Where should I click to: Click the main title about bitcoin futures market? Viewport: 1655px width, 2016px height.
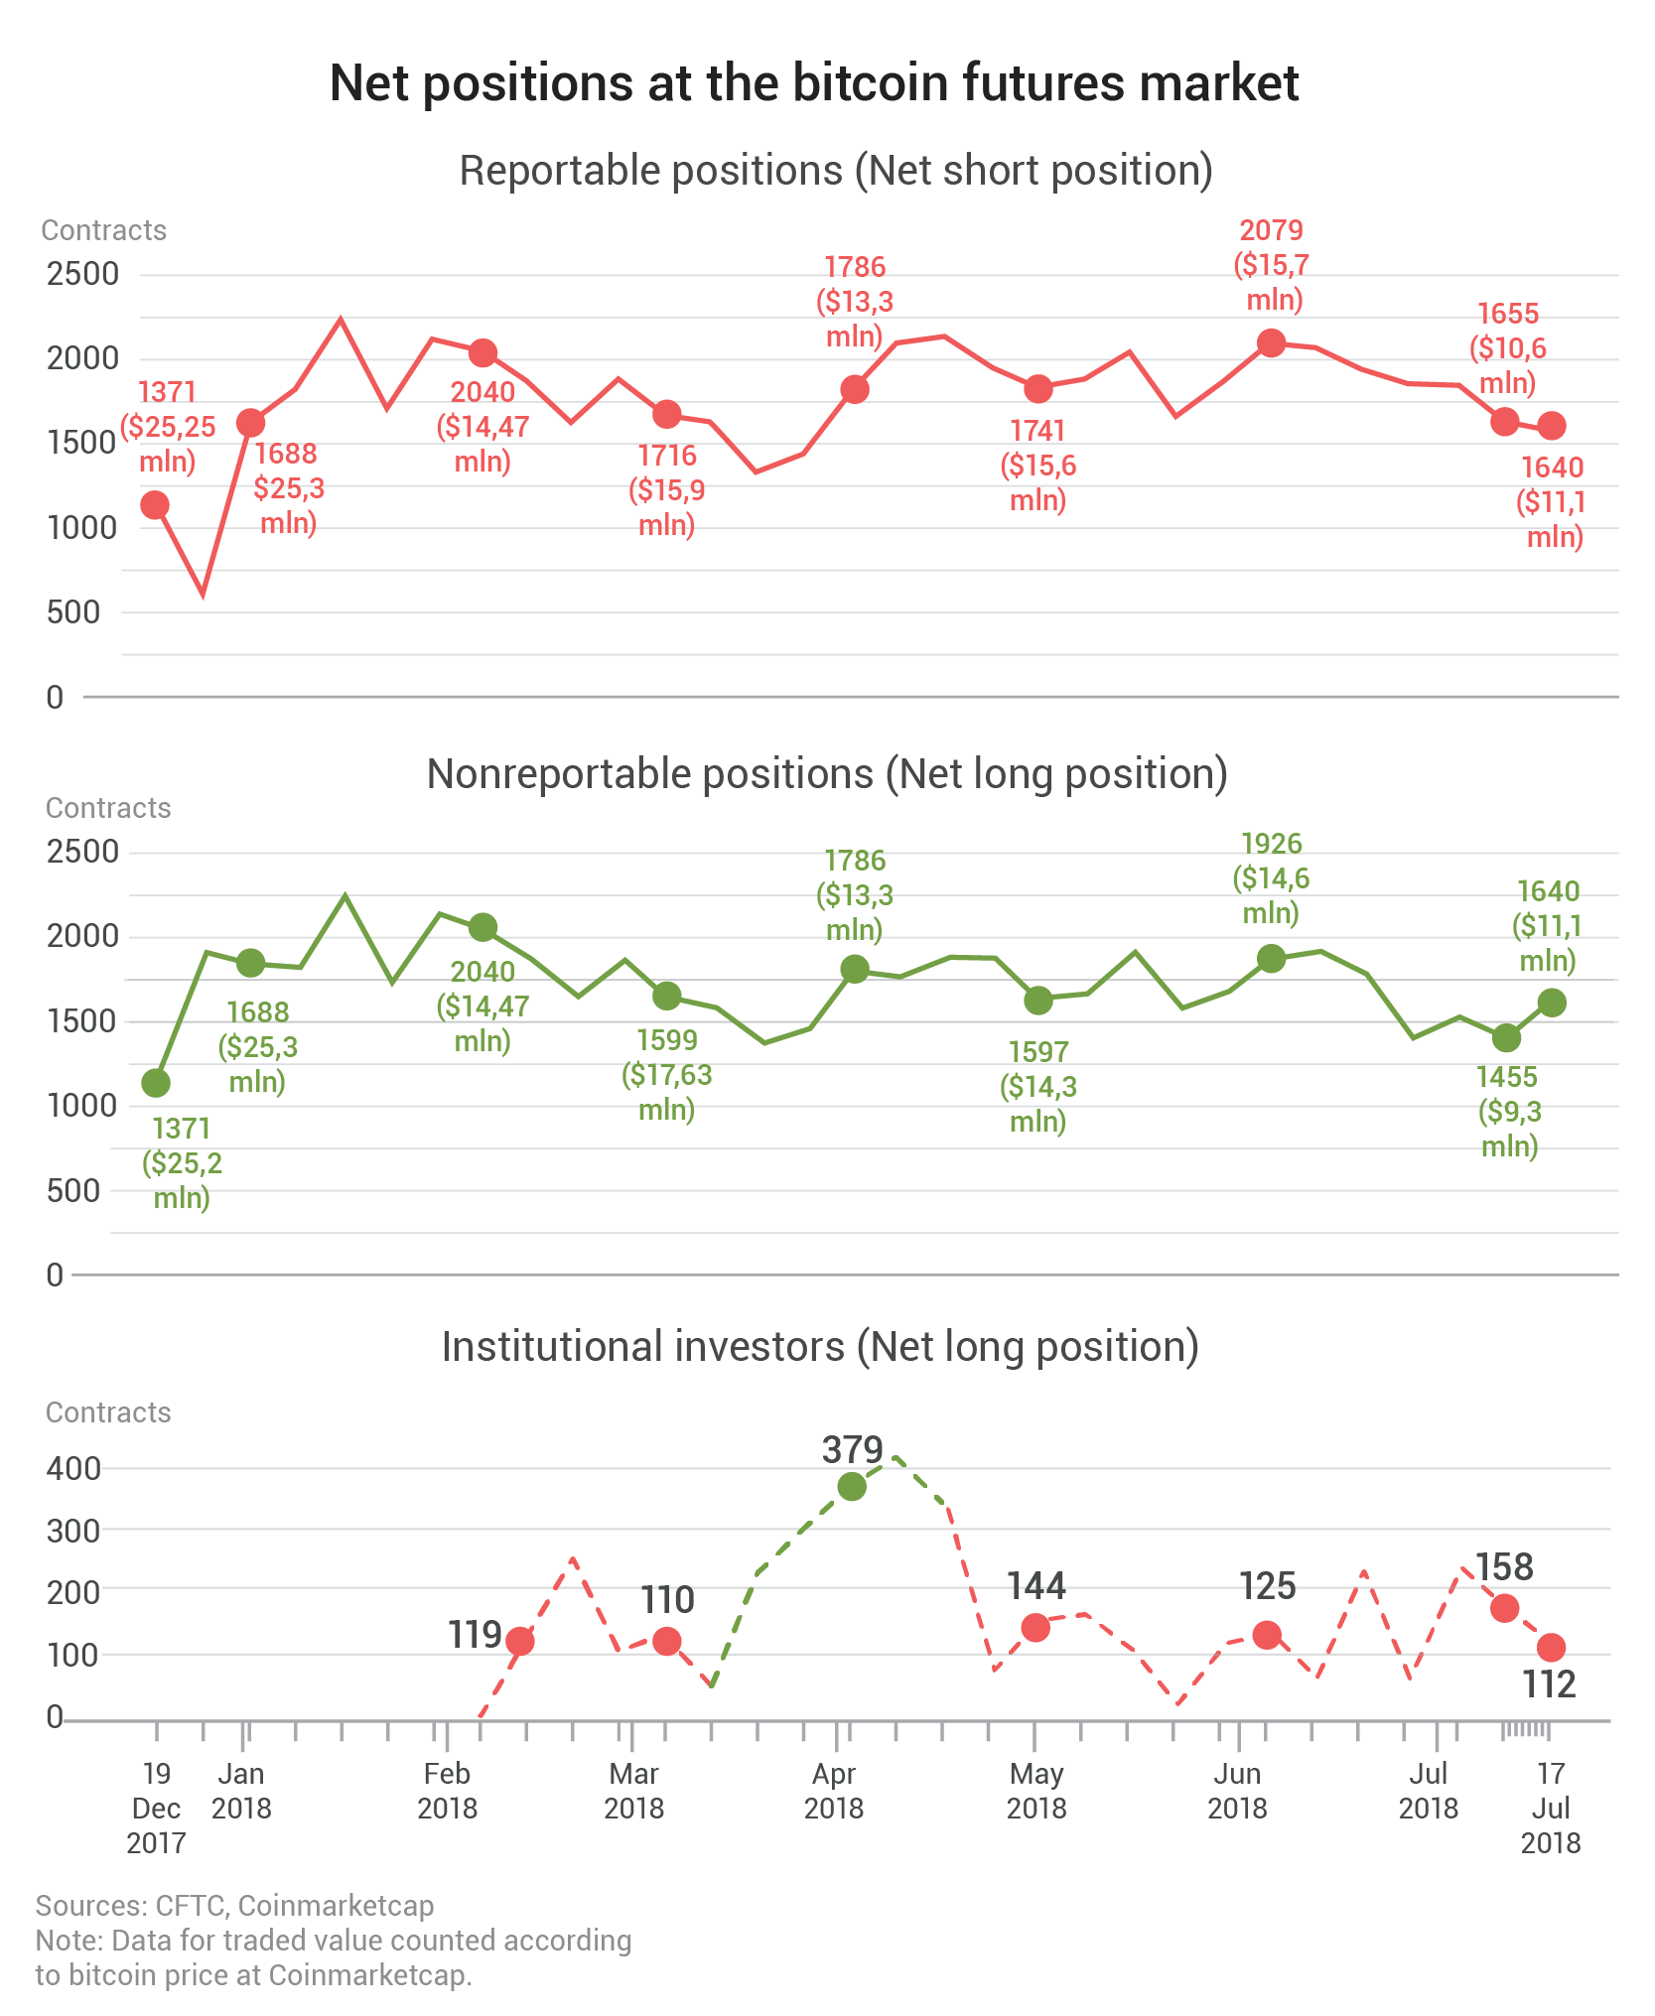point(814,83)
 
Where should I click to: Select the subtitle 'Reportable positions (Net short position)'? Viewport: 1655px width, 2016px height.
point(836,171)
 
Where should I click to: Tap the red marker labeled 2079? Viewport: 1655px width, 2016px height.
point(1272,343)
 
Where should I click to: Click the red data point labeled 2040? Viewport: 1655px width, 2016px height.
point(483,352)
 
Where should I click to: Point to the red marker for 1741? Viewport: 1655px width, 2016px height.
point(1038,388)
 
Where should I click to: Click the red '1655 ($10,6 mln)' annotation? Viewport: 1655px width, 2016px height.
point(1508,348)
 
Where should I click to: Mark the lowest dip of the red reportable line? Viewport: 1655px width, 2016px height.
point(204,595)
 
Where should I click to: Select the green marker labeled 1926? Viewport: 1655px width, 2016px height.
point(1272,958)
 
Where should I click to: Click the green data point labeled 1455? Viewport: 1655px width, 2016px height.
point(1506,1037)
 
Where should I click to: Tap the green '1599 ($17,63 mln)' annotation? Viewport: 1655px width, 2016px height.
point(667,1074)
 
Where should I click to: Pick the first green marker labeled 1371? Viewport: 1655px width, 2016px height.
point(156,1083)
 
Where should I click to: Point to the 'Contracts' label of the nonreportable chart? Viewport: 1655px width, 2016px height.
point(108,808)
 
